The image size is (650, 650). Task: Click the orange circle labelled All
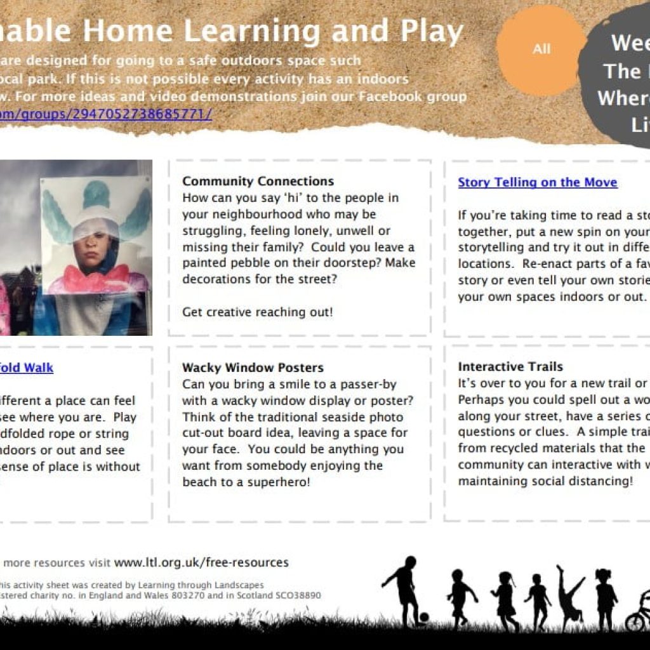541,50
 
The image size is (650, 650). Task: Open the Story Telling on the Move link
538,183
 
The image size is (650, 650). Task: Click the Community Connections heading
258,182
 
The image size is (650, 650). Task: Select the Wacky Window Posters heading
253,368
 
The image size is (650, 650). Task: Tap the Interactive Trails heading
510,367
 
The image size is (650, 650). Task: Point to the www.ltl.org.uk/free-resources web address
201,562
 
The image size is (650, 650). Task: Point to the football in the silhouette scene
423,616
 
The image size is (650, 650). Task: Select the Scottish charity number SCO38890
298,596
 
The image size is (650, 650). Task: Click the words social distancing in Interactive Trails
577,481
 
